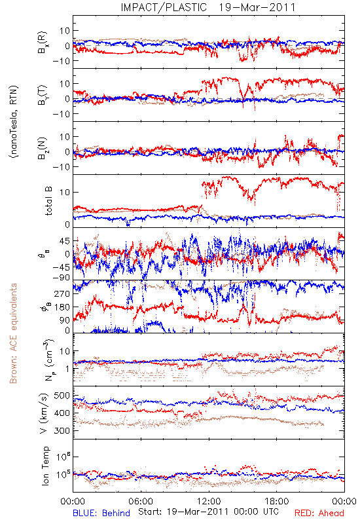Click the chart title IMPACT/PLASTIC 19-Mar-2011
pyautogui.click(x=208, y=7)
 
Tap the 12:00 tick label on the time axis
pyautogui.click(x=209, y=501)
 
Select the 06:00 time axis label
pyautogui.click(x=141, y=501)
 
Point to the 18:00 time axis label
pyautogui.click(x=277, y=501)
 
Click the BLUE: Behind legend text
pyautogui.click(x=101, y=513)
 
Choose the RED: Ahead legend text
pyautogui.click(x=319, y=513)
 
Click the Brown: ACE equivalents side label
pyautogui.click(x=13, y=333)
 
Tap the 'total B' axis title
pyautogui.click(x=48, y=201)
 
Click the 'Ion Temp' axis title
pyautogui.click(x=45, y=466)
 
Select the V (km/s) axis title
pyautogui.click(x=44, y=413)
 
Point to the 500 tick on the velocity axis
pyautogui.click(x=62, y=396)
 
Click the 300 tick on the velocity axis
pyautogui.click(x=62, y=431)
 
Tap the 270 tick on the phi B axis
pyautogui.click(x=62, y=293)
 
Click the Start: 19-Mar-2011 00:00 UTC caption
pyautogui.click(x=208, y=512)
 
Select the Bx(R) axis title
pyautogui.click(x=43, y=43)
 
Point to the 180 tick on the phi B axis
pyautogui.click(x=62, y=307)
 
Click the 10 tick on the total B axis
pyautogui.click(x=65, y=193)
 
